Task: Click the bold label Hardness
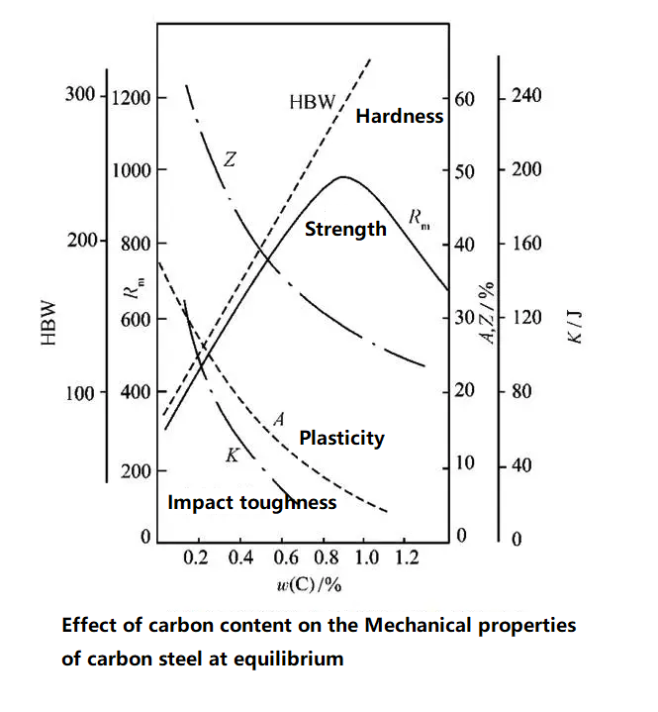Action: pyautogui.click(x=399, y=117)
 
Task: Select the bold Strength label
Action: pyautogui.click(x=345, y=229)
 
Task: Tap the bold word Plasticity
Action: pyautogui.click(x=341, y=437)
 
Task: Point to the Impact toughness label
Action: pyautogui.click(x=251, y=502)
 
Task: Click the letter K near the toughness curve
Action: pyautogui.click(x=233, y=456)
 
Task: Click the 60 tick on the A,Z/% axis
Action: pyautogui.click(x=464, y=99)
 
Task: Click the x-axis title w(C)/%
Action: pyautogui.click(x=310, y=584)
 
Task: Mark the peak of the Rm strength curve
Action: pyautogui.click(x=343, y=177)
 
